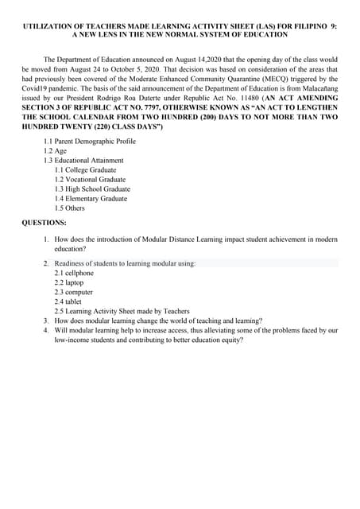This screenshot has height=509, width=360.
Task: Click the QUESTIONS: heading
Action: tap(44, 223)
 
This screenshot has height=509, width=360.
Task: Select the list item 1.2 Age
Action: tap(55, 151)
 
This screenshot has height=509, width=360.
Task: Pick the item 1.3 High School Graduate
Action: tap(92, 189)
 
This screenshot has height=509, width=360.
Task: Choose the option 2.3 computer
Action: tap(73, 292)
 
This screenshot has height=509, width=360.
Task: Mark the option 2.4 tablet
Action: tap(68, 301)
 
